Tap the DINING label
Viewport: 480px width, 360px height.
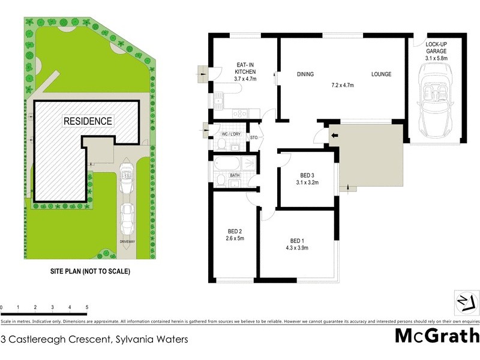pyautogui.click(x=306, y=74)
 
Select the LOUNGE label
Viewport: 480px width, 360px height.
pyautogui.click(x=381, y=74)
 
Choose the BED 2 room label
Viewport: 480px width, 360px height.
pyautogui.click(x=235, y=232)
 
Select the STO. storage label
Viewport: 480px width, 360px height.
pyautogui.click(x=254, y=138)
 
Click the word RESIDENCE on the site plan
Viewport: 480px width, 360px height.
pyautogui.click(x=88, y=121)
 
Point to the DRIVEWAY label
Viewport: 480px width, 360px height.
pyautogui.click(x=127, y=241)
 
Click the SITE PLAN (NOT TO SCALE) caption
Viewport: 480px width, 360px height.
pyautogui.click(x=90, y=271)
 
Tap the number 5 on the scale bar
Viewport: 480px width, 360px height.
pyautogui.click(x=87, y=307)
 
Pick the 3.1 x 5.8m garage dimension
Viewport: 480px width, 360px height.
pyautogui.click(x=436, y=58)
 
